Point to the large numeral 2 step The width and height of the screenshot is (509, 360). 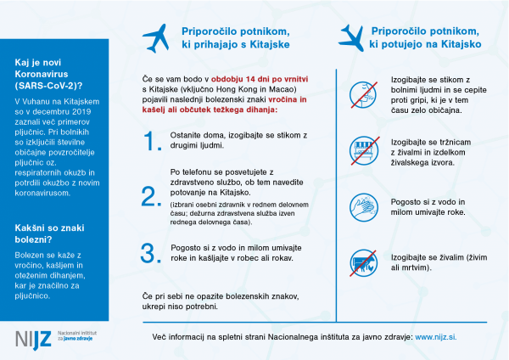click(x=151, y=196)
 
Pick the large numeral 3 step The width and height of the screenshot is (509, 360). click(x=151, y=252)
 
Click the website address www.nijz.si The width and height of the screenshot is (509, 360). click(x=439, y=337)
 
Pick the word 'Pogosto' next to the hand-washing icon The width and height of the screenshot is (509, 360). click(x=406, y=202)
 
